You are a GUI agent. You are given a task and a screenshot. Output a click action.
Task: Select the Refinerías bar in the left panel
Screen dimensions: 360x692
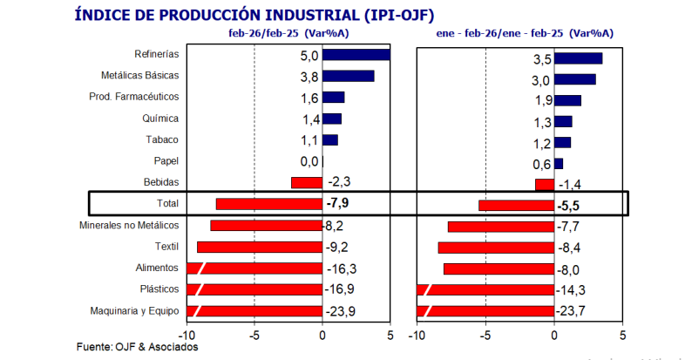(x=356, y=55)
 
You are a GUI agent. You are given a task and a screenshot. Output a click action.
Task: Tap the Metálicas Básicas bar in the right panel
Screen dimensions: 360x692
(x=575, y=79)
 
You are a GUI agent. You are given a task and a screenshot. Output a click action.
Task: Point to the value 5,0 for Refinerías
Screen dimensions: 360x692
(x=309, y=55)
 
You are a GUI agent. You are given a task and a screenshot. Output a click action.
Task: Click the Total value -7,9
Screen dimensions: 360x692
(x=339, y=204)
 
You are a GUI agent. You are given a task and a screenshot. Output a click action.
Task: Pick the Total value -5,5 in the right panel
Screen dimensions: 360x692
(x=568, y=207)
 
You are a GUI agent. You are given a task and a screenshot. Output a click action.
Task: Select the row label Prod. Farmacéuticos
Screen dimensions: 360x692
(x=134, y=97)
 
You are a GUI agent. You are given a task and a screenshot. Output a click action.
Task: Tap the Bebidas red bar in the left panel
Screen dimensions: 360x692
(x=306, y=182)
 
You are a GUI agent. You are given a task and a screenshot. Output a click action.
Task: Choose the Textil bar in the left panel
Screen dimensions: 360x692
(x=260, y=247)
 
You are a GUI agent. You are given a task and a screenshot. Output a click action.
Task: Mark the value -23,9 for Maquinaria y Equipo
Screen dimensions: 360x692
(x=340, y=311)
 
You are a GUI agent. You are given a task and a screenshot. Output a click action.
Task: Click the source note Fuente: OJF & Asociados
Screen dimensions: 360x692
(x=138, y=347)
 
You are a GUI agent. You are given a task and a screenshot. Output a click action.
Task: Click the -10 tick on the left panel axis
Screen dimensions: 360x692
(x=186, y=335)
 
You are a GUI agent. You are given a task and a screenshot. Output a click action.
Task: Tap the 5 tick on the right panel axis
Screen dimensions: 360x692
(x=622, y=335)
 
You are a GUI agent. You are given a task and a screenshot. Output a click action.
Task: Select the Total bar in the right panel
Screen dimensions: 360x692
(x=516, y=206)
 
